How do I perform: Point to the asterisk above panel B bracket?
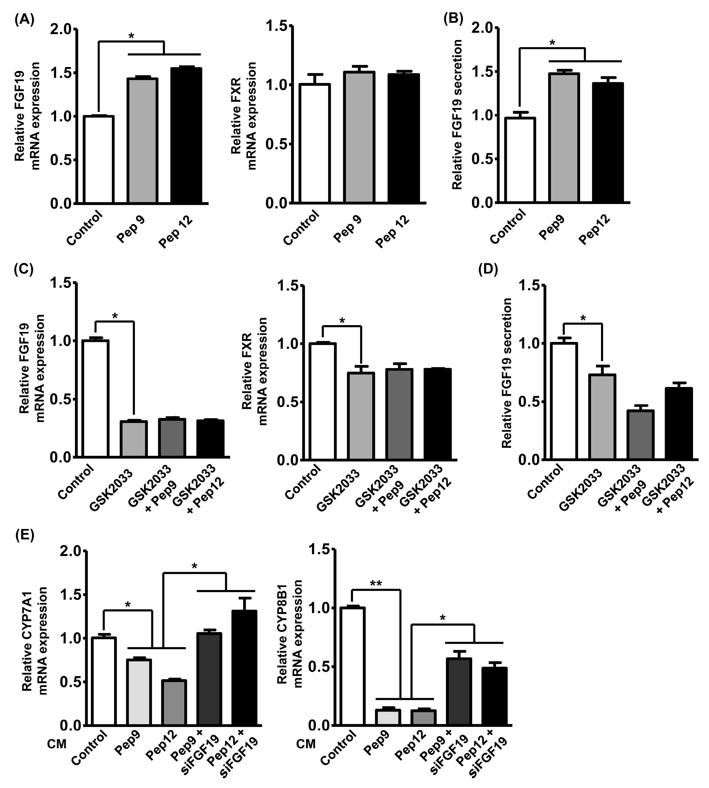coord(552,42)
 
